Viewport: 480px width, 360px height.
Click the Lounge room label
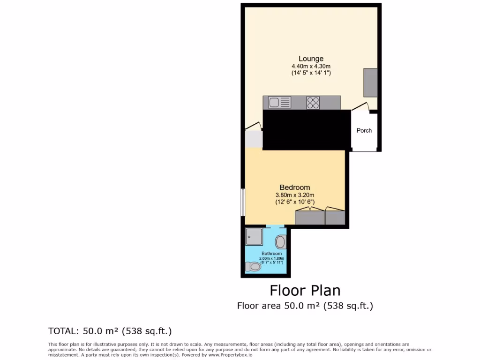311,59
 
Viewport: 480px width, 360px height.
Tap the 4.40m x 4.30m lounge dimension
311,66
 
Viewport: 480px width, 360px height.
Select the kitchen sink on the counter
278,102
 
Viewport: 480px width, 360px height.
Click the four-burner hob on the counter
313,102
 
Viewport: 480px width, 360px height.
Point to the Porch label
364,130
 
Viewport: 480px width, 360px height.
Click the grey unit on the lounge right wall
370,82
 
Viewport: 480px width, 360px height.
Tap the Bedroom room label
295,187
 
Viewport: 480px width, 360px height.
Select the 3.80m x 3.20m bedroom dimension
295,195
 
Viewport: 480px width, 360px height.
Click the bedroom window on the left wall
243,202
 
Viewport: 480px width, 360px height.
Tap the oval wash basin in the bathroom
280,242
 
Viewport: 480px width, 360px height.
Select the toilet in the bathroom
254,266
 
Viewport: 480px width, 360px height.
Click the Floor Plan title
305,291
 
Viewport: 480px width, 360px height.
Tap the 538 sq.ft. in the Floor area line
348,306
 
